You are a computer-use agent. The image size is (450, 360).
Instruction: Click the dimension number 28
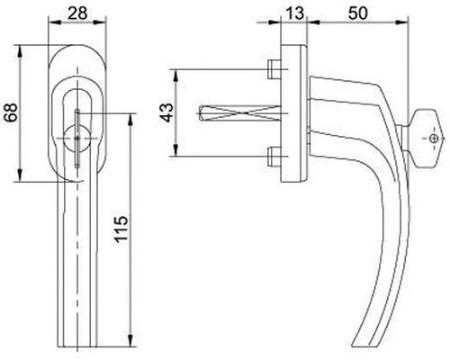[x=77, y=13]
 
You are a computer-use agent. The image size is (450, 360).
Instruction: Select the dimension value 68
[x=12, y=112]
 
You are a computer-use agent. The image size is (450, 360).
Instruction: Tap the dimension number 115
[x=121, y=229]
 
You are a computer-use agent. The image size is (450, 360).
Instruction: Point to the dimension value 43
[x=166, y=112]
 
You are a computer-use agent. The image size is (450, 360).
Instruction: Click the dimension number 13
[x=295, y=13]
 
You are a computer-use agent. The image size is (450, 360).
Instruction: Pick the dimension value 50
[x=358, y=13]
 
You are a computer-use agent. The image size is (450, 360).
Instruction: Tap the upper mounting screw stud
[x=274, y=69]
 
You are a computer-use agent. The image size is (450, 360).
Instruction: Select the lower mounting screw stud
[x=274, y=157]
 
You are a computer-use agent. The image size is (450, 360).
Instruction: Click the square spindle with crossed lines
[x=239, y=113]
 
